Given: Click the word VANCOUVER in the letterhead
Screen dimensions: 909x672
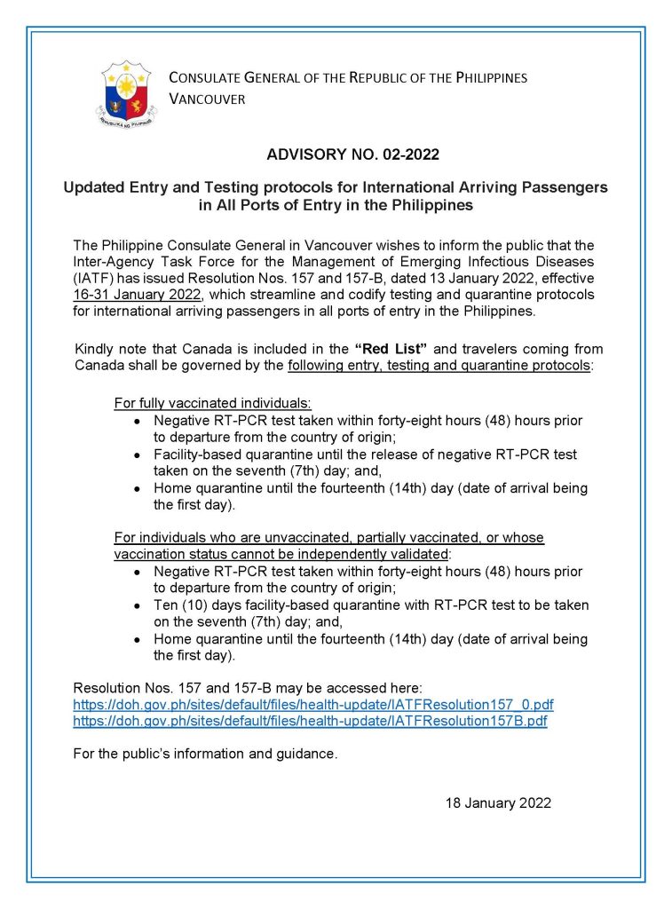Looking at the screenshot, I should click(x=207, y=99).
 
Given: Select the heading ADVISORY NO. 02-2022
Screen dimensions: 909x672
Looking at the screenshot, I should click(x=353, y=154).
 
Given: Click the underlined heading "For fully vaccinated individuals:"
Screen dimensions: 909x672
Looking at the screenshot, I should click(x=212, y=403).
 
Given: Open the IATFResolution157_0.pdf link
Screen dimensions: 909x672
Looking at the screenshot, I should click(x=313, y=704).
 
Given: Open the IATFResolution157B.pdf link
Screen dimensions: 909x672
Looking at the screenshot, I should click(x=310, y=721).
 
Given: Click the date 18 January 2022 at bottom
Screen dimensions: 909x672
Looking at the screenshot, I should click(x=498, y=802).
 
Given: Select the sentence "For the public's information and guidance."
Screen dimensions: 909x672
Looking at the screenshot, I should click(x=205, y=754).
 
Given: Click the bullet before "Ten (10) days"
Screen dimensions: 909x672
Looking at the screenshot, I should click(x=137, y=605).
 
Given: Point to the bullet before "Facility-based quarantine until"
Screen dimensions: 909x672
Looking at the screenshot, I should click(x=137, y=454).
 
